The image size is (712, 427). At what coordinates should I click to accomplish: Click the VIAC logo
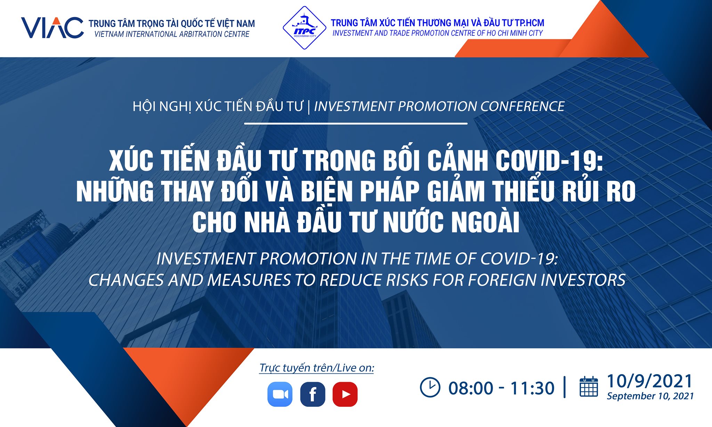coord(52,27)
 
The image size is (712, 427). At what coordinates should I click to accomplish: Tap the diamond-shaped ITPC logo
coord(304,28)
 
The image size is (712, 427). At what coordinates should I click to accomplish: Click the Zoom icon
coord(280,394)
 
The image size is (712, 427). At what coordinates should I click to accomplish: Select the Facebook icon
coord(313,394)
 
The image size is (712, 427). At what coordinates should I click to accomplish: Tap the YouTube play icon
coord(345,394)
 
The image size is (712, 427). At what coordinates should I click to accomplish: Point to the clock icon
coord(430,387)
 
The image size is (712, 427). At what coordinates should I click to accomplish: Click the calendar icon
coord(589,386)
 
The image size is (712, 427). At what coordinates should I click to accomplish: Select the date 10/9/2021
coord(650,381)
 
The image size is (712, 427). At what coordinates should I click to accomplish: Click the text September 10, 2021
coord(650,396)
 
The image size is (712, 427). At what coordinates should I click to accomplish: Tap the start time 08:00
coord(471,388)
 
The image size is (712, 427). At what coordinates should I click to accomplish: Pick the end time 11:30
coord(532,388)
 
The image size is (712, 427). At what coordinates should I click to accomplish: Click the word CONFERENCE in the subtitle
coord(522,106)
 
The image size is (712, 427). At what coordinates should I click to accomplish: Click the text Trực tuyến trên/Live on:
coord(317,368)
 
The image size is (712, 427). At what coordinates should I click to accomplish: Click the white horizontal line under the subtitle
coord(356,123)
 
